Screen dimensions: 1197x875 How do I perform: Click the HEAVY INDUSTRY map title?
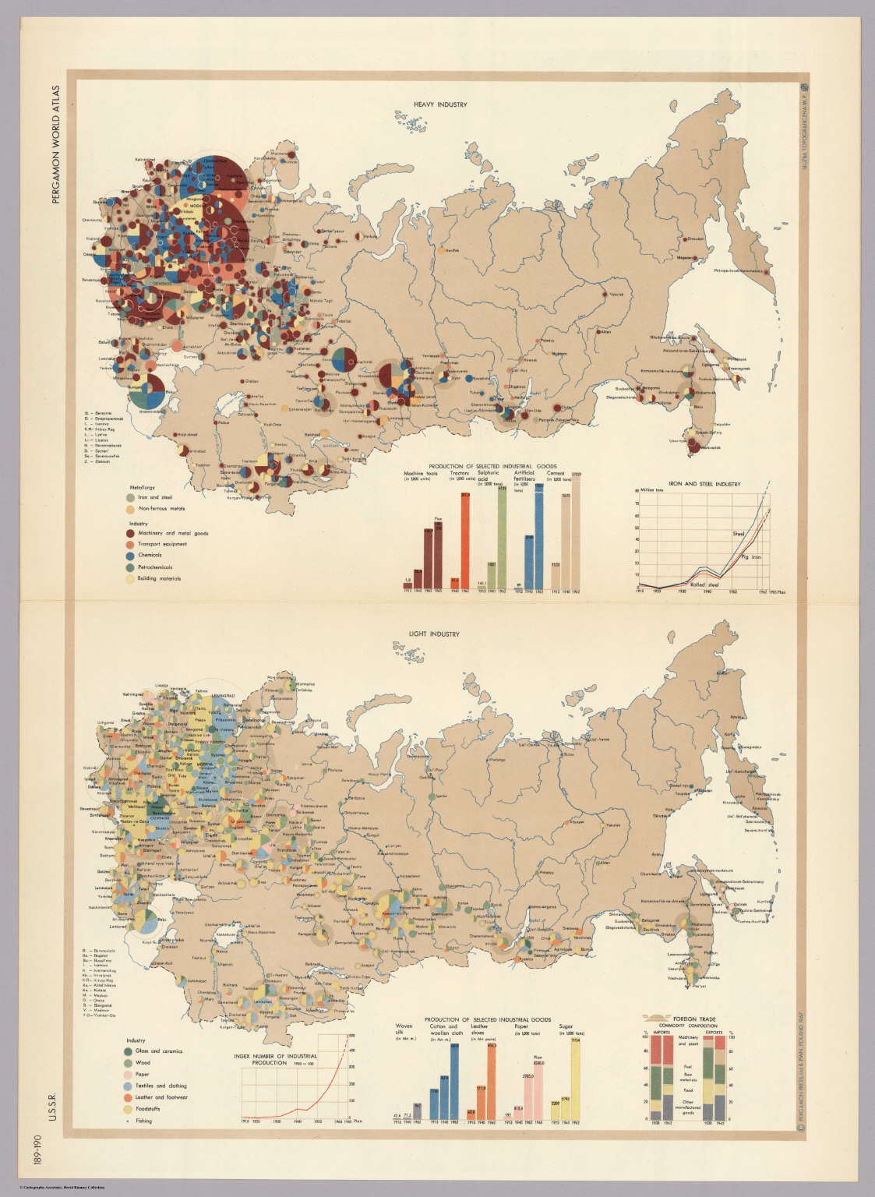tap(440, 104)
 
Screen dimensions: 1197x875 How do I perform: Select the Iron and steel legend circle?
tap(130, 497)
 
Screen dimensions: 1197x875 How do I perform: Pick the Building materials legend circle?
tap(130, 579)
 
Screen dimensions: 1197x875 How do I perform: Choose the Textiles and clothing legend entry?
tap(130, 1086)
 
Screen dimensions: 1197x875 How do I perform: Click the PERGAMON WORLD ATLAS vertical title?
tap(55, 144)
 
